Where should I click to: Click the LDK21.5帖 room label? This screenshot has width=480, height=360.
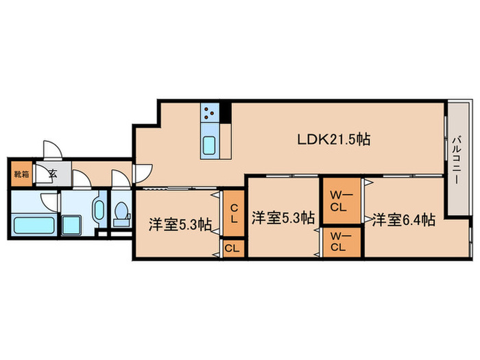click(x=333, y=139)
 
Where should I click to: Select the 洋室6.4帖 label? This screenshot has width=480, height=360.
click(x=403, y=220)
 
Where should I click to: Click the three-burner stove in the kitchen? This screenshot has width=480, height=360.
click(x=210, y=112)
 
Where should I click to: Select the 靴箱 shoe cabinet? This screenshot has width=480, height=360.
click(x=21, y=173)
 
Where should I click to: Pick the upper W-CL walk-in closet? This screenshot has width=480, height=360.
click(x=340, y=200)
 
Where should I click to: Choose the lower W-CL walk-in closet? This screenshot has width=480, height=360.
click(x=340, y=241)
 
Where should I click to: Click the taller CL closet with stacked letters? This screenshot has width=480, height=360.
click(x=234, y=214)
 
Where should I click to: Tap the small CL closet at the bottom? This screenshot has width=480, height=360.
click(x=232, y=249)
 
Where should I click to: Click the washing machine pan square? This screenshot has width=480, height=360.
click(x=71, y=226)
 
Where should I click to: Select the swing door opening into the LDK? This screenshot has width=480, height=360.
click(x=143, y=176)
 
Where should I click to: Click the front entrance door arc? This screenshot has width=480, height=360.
click(x=51, y=152)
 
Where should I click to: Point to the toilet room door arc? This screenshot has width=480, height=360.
click(x=120, y=179)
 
